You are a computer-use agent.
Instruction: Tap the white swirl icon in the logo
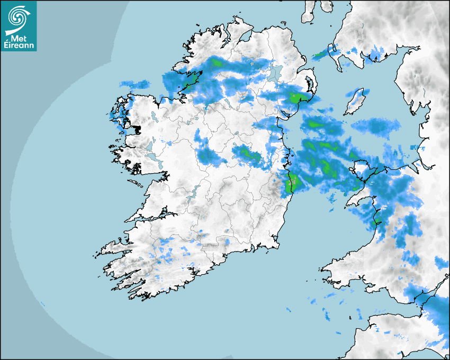pyautogui.click(x=18, y=18)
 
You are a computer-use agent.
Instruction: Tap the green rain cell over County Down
pyautogui.click(x=297, y=98)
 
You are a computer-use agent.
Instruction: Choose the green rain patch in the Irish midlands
pyautogui.click(x=247, y=154)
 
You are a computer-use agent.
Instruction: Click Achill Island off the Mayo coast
pyautogui.click(x=115, y=112)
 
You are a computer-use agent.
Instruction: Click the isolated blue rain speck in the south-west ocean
pyautogui.click(x=42, y=303)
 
